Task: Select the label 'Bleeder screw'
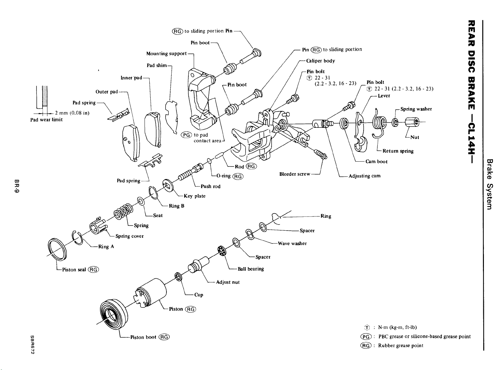pyautogui.click(x=295, y=174)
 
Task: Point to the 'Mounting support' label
pyautogui.click(x=166, y=54)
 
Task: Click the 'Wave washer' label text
pyautogui.click(x=292, y=243)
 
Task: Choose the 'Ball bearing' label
pyautogui.click(x=251, y=269)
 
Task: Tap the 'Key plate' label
pyautogui.click(x=194, y=196)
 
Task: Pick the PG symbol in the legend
pyautogui.click(x=366, y=336)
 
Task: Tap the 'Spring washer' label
pyautogui.click(x=416, y=109)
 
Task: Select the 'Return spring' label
pyautogui.click(x=398, y=151)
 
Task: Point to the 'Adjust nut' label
pyautogui.click(x=227, y=282)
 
